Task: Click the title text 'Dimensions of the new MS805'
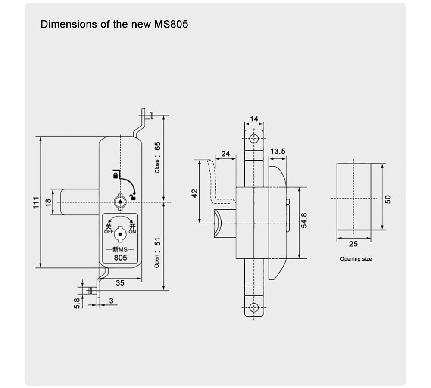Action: (x=114, y=24)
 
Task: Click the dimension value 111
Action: (x=36, y=202)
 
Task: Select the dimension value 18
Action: (x=48, y=202)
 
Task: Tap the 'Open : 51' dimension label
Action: (x=157, y=253)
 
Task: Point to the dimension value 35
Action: (x=120, y=283)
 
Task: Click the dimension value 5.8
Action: (x=77, y=303)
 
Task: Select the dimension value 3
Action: (x=111, y=301)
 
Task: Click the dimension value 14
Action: (x=254, y=119)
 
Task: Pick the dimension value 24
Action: (x=225, y=154)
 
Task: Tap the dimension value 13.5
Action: (x=278, y=151)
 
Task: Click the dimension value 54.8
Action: (x=304, y=220)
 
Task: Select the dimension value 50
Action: (x=388, y=199)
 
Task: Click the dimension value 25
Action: (x=353, y=244)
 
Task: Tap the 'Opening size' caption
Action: (x=356, y=259)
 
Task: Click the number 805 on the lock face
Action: (x=120, y=258)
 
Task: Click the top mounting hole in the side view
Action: (x=254, y=138)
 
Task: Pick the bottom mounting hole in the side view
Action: (x=254, y=307)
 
